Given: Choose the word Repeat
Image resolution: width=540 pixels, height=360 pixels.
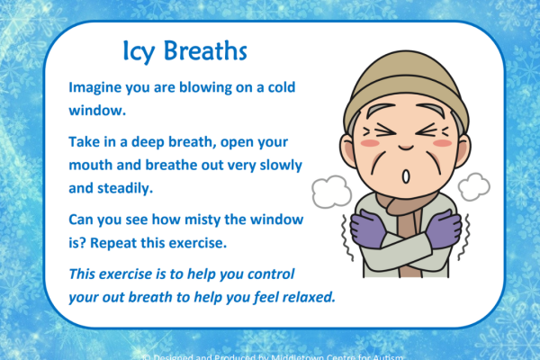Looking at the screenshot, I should pos(133,240).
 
